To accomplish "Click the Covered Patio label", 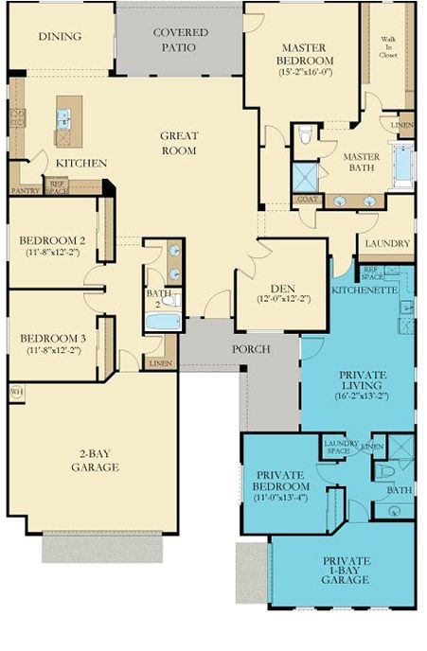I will coord(180,39).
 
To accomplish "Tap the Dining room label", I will coord(60,37).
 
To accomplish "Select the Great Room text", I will coord(178,143).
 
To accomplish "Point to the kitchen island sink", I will coord(64,117).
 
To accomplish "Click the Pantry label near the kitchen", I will coord(25,189).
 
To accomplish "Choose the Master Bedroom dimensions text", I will coord(306,72).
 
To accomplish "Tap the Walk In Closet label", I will coord(389,46).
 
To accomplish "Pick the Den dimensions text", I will coord(282,299).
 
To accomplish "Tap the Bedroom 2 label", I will coord(53,240).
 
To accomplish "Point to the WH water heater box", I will coord(16,390).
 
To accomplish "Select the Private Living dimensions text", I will coord(363,398).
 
